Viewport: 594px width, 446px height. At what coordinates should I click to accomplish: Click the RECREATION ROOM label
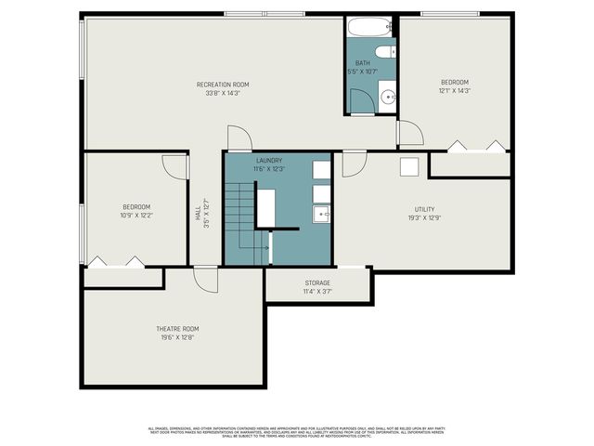coord(223,85)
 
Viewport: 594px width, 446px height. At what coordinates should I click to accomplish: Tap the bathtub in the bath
coord(371,27)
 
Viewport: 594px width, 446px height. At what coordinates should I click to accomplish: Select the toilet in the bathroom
coord(386,50)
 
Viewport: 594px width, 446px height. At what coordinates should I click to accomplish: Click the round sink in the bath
coord(387,96)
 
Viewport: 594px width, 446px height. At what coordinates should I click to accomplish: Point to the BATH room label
coord(362,63)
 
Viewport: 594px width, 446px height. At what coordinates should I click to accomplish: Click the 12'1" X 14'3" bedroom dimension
coord(455,91)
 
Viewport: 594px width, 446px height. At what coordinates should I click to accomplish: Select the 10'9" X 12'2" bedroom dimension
coord(136,215)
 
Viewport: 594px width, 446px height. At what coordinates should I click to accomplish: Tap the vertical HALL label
coord(198,215)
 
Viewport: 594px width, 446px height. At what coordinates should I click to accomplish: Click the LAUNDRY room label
coord(268,161)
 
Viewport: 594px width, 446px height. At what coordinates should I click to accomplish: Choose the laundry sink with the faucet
coord(321,215)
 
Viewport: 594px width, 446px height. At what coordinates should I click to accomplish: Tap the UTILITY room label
coord(424,209)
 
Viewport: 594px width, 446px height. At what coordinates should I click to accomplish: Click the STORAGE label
coord(317,282)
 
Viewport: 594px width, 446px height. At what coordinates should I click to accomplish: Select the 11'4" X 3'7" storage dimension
coord(317,292)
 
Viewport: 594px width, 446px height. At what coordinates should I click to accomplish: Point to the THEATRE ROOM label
coord(176,329)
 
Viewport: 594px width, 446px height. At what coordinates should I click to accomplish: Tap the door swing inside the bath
coord(362,100)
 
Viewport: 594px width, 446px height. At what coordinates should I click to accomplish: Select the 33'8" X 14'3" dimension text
coord(223,93)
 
